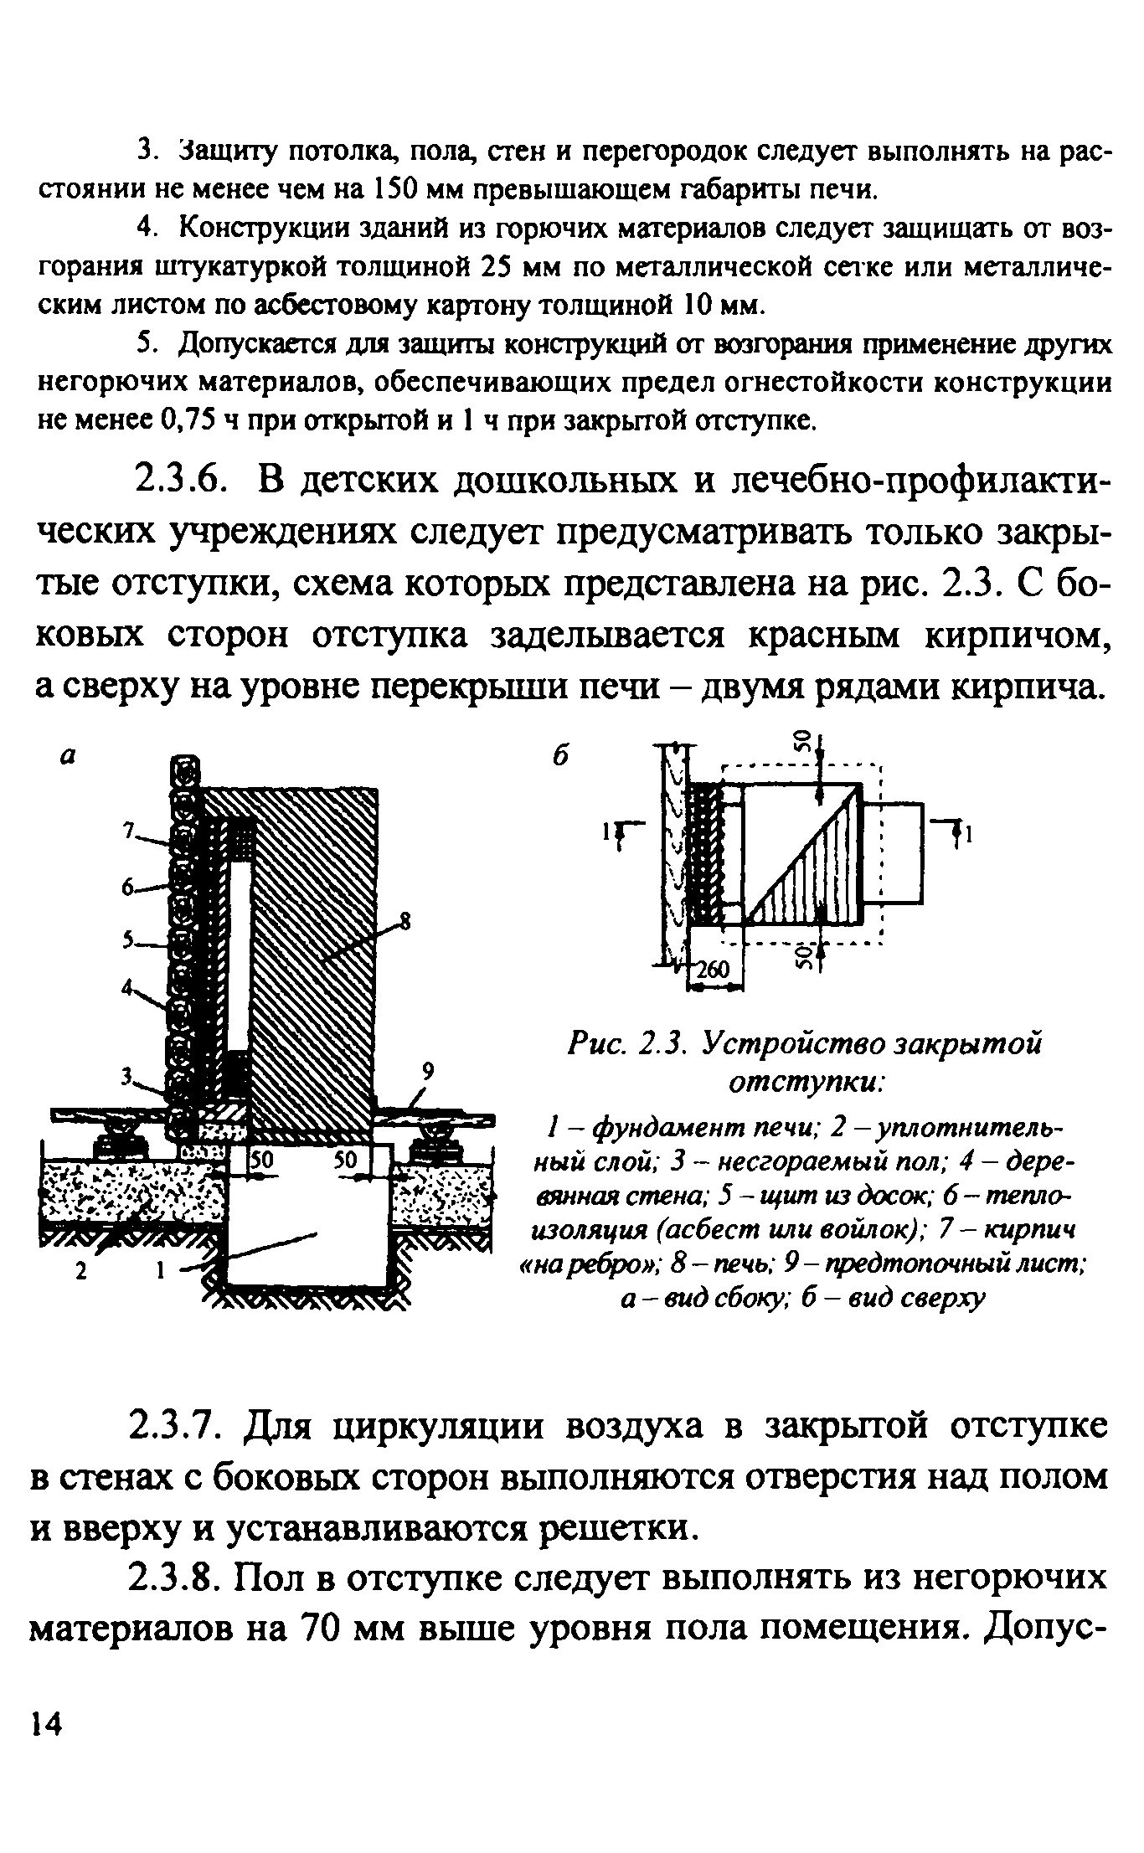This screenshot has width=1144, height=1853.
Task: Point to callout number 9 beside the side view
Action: point(429,1070)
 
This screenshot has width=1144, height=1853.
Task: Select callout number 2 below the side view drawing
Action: point(80,1271)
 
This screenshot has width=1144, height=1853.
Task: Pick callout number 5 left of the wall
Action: point(129,941)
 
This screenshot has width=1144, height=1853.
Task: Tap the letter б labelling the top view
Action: point(560,754)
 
